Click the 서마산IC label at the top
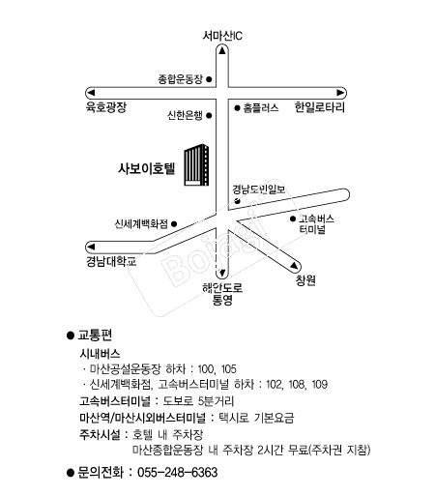[221, 36]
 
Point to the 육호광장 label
[106, 108]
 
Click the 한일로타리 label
[319, 108]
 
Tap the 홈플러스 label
[261, 108]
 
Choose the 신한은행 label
[185, 115]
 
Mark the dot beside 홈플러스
[236, 108]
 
